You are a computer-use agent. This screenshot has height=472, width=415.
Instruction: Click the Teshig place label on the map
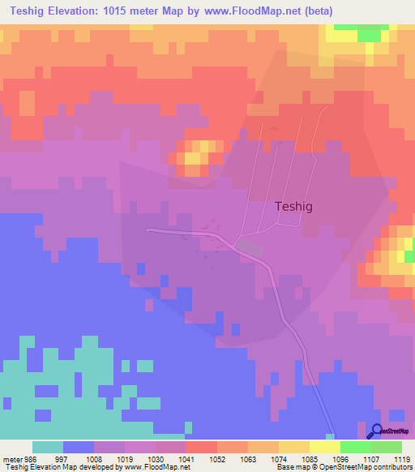293,207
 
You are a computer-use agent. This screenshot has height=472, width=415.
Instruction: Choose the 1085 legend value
310,458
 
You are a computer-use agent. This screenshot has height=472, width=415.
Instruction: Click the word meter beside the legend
12,458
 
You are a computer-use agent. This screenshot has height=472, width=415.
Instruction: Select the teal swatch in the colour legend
48,447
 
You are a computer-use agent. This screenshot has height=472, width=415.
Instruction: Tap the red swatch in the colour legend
202,447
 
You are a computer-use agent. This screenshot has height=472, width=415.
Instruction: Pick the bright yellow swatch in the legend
325,447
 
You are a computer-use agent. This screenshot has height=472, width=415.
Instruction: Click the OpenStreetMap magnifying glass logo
375,431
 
